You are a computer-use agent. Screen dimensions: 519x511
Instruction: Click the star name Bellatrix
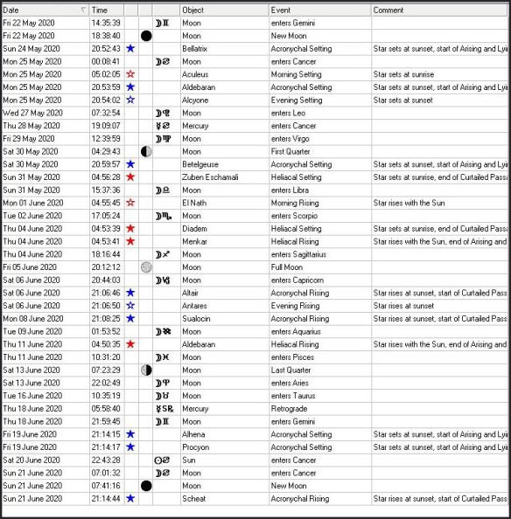point(194,49)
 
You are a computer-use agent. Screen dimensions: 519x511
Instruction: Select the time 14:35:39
point(106,23)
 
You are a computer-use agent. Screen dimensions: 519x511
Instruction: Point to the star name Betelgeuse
point(198,164)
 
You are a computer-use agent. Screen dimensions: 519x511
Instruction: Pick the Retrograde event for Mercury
point(288,408)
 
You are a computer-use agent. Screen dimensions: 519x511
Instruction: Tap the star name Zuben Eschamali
point(206,176)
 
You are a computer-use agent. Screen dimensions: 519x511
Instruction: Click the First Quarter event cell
point(290,151)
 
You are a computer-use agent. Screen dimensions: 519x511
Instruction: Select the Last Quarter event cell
point(290,370)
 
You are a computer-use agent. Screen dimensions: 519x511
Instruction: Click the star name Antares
point(193,306)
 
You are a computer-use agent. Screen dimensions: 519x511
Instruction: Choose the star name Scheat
point(192,498)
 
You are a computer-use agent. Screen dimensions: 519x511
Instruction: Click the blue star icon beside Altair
point(130,293)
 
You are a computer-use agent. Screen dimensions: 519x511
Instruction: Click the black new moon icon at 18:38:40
point(146,36)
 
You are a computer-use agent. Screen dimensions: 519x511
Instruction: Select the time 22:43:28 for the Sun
point(106,460)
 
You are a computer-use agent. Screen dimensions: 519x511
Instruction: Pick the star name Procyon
point(193,446)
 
